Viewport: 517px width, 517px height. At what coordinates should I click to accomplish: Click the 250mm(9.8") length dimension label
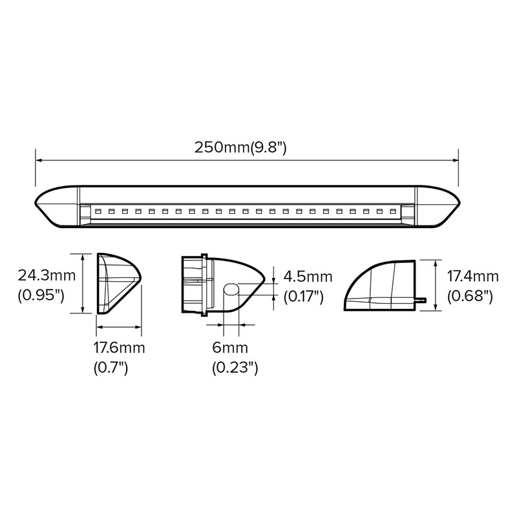[x=240, y=147]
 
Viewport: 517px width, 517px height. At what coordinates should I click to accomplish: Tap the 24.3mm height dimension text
[x=47, y=277]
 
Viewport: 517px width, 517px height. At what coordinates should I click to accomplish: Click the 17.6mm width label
[x=119, y=348]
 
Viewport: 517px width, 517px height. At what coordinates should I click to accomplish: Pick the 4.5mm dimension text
[x=308, y=277]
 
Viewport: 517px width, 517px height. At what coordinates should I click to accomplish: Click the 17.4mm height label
[x=474, y=277]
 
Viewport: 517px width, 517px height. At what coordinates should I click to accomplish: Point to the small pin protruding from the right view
[x=421, y=300]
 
